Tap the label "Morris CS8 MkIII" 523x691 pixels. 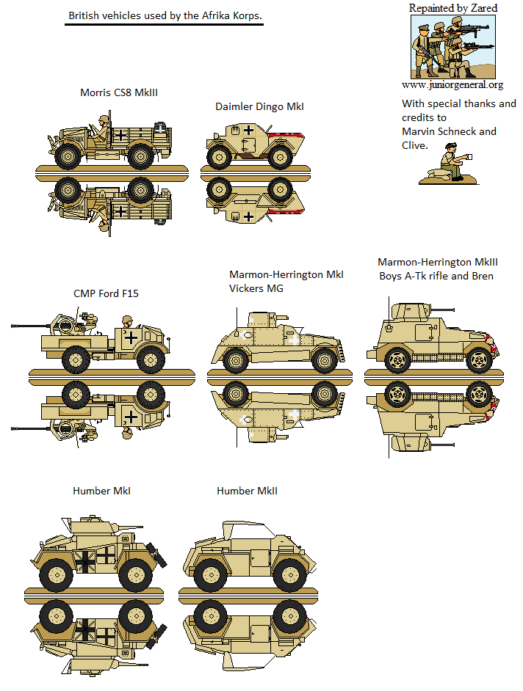119,92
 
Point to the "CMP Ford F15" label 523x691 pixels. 106,293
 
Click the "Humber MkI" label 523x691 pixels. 101,491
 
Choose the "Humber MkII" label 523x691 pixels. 247,491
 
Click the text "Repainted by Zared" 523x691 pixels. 452,8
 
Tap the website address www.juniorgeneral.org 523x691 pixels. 452,85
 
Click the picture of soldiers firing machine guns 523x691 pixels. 452,47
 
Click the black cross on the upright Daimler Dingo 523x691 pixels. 249,131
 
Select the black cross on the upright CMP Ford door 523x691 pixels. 131,338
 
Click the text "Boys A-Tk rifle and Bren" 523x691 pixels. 436,276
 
